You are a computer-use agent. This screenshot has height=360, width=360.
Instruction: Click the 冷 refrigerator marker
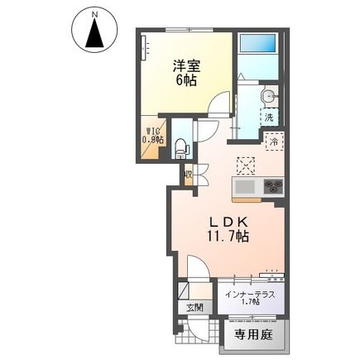coord(273,142)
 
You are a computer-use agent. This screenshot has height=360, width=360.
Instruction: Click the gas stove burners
coord(271,185)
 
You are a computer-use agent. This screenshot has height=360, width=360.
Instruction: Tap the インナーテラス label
coord(248,294)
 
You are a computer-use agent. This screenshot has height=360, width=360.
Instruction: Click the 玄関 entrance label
coord(194,309)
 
